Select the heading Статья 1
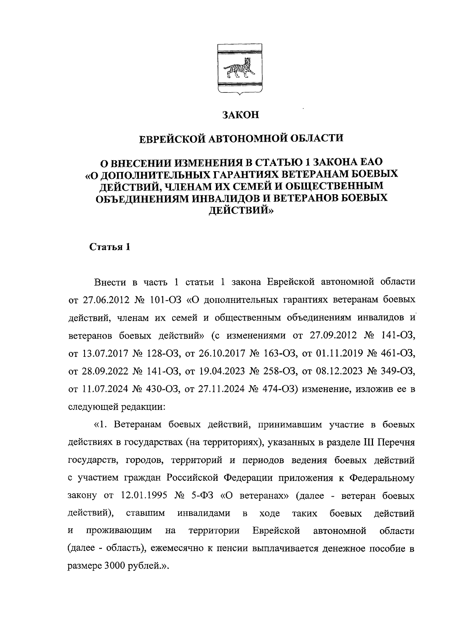(110, 247)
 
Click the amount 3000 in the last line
(111, 567)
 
